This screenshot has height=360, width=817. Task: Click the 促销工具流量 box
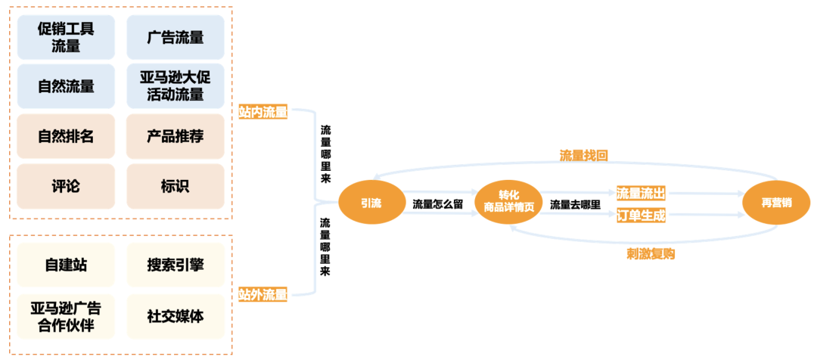66,37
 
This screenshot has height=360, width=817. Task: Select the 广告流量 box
176,37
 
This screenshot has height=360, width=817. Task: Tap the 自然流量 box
66,86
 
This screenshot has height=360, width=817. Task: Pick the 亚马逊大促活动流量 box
176,86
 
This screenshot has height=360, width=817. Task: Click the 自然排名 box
66,136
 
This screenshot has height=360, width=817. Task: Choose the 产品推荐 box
176,136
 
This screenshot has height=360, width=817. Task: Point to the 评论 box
66,186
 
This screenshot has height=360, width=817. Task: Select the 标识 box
176,186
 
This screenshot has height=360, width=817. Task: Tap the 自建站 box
66,265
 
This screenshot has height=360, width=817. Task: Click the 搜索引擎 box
176,265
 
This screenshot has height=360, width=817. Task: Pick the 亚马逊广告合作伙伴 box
66,316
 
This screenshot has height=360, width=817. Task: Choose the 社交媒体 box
176,316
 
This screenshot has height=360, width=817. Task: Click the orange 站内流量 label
263,113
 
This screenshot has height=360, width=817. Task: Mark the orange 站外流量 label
263,295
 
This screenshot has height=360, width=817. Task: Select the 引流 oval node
371,203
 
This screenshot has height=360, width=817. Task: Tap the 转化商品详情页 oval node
507,203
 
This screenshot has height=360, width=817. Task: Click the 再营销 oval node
777,203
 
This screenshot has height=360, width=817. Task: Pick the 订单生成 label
641,216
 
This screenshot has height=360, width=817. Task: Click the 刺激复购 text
651,254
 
